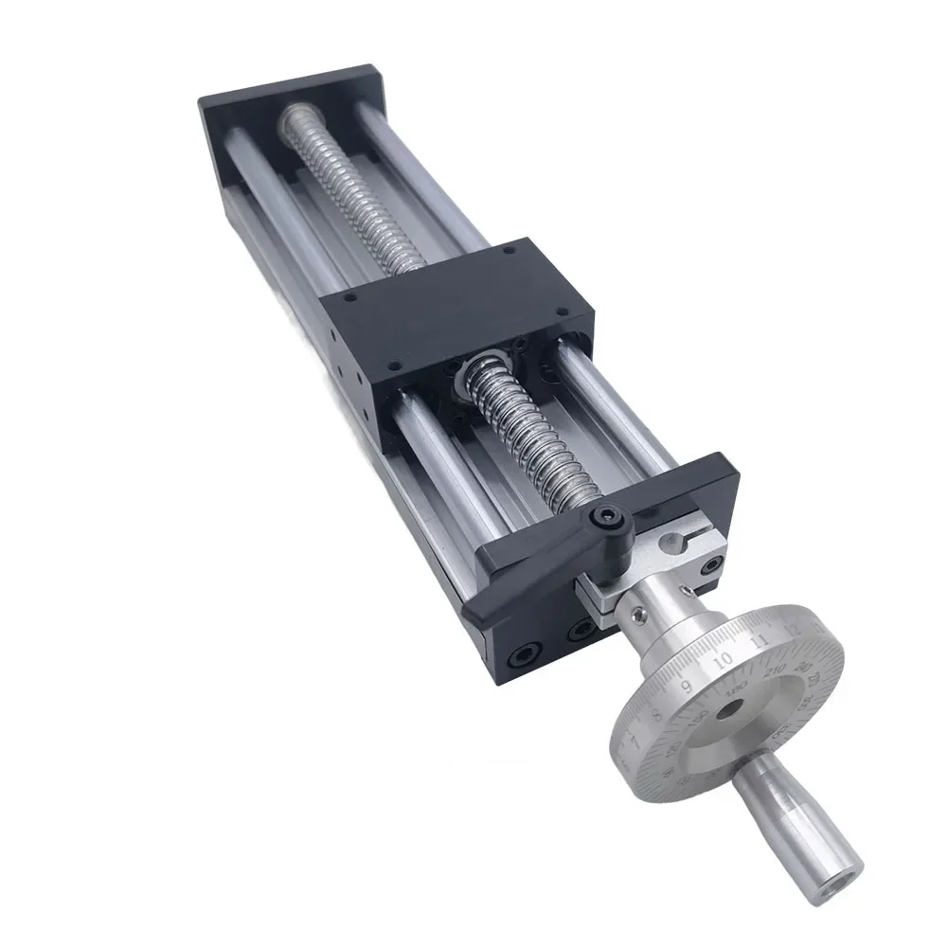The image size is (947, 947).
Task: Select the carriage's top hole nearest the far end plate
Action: click(x=508, y=252)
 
